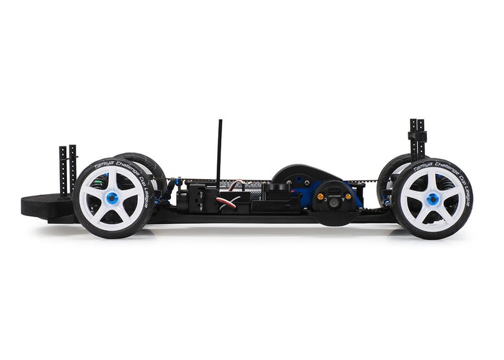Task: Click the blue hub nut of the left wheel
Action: tap(113, 198)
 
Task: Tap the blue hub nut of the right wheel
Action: tap(433, 199)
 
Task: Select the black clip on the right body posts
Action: tap(416, 135)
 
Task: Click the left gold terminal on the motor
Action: tap(320, 196)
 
